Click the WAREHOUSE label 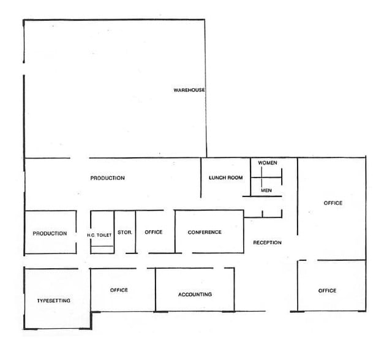[189, 91]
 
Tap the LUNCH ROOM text [226, 178]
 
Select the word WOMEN [268, 163]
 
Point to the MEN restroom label [266, 190]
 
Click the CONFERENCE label [205, 233]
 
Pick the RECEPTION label [268, 243]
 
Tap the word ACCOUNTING [195, 294]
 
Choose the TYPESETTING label [54, 301]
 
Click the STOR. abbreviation [125, 233]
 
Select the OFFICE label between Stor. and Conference [153, 233]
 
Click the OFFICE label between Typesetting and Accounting [119, 290]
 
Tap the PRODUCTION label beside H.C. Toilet [50, 233]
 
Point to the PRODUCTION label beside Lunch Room [107, 178]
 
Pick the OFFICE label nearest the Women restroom [333, 203]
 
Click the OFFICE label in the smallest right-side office [327, 291]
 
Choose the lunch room [225, 187]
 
